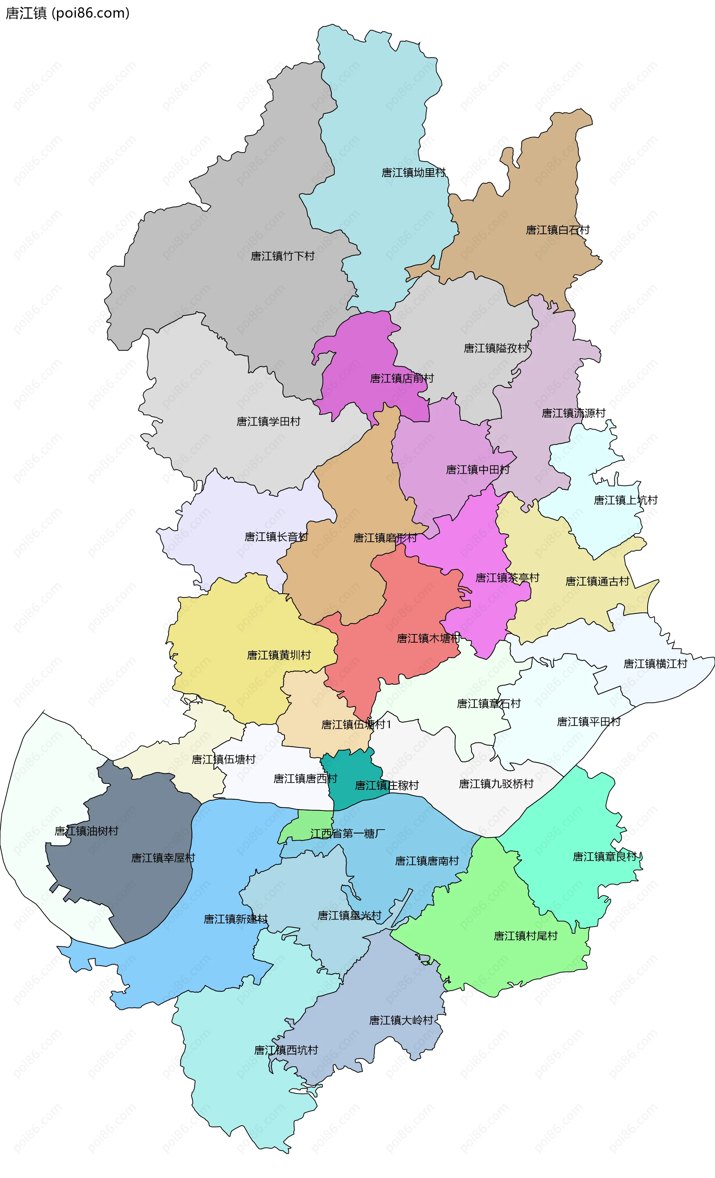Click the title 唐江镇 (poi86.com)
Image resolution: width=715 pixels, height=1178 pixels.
coord(67,13)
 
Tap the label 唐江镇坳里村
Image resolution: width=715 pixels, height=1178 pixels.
coord(413,173)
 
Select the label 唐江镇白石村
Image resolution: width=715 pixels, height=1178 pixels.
coord(557,230)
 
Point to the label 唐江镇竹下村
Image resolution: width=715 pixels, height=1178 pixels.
coord(283,256)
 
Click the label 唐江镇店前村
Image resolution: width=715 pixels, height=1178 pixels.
coord(402,379)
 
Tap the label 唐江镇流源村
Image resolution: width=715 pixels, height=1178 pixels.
coord(573,413)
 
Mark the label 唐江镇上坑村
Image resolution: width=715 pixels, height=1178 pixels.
coord(626,500)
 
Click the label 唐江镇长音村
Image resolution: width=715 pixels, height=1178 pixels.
coord(276,537)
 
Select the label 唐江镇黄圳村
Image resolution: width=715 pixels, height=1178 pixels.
coord(279,655)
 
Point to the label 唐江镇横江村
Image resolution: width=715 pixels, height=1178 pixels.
coord(655,663)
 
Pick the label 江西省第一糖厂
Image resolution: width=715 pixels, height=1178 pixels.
coord(348,834)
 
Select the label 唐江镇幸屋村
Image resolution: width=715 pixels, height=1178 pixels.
coord(163,858)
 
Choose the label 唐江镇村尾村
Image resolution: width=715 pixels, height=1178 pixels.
coord(525,936)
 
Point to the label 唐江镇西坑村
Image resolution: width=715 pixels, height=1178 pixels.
coord(286,1050)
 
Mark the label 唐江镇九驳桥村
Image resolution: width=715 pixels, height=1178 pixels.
coord(496,784)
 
